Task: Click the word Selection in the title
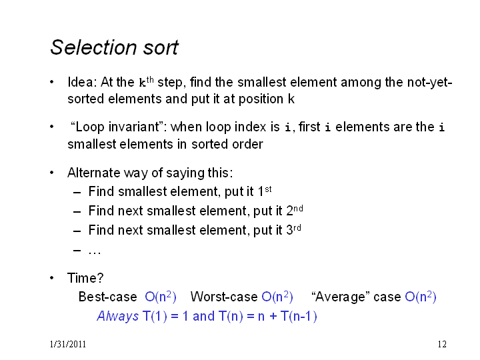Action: (x=93, y=47)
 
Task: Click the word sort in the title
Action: (x=161, y=48)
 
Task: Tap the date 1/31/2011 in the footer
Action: (x=67, y=345)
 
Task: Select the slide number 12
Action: (x=442, y=345)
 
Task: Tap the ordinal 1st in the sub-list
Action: (x=265, y=191)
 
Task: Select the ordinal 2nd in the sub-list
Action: (x=295, y=211)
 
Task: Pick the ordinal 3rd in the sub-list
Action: (x=293, y=230)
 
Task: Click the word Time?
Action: (x=85, y=278)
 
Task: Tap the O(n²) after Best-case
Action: (x=161, y=297)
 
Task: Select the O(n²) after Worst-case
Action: (x=277, y=297)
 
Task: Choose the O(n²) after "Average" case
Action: (x=421, y=297)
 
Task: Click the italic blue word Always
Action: (x=118, y=316)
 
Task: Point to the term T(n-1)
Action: (x=299, y=316)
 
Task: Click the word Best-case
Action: (x=108, y=297)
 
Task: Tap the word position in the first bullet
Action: (x=261, y=99)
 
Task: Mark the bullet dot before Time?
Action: (x=52, y=278)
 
